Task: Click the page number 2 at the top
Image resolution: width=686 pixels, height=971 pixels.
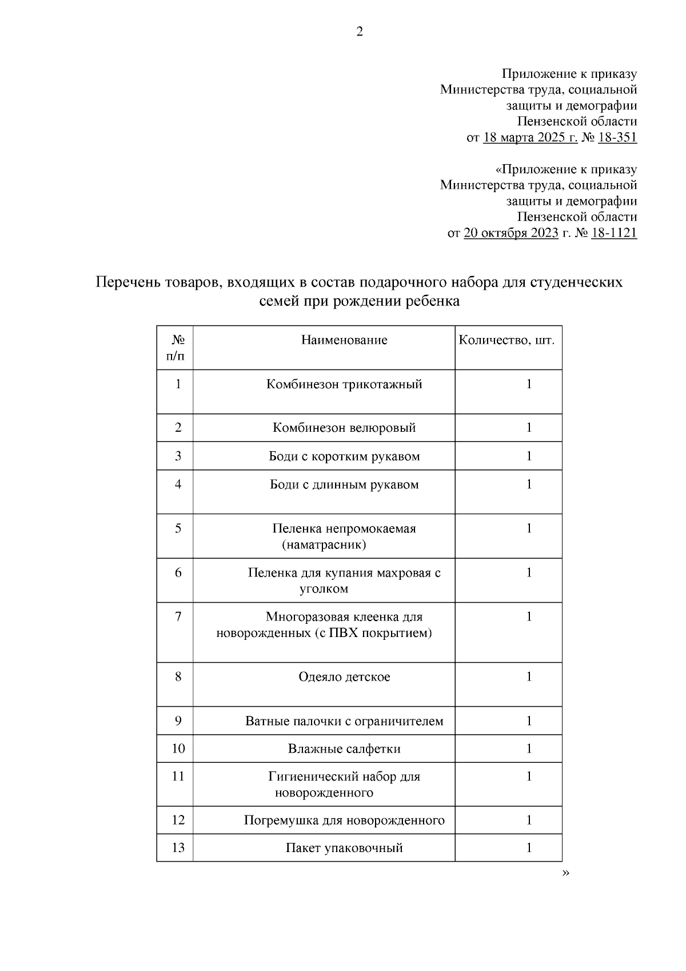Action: [x=360, y=32]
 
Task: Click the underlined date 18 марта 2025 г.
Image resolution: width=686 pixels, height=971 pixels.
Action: [x=530, y=138]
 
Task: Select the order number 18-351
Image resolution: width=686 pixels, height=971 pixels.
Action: [x=617, y=138]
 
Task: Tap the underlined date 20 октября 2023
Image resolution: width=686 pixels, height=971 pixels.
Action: [x=510, y=233]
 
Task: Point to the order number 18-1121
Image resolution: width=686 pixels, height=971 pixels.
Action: [x=613, y=233]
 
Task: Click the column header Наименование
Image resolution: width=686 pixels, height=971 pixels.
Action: [x=344, y=340]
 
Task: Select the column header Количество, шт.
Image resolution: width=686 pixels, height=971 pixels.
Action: [x=506, y=340]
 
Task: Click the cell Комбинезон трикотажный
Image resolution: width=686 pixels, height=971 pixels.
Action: [x=344, y=384]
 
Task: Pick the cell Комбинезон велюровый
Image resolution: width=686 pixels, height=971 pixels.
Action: [x=344, y=428]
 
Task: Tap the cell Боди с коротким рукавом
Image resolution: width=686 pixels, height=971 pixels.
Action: [x=344, y=456]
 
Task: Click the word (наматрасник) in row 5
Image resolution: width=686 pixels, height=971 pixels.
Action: [x=324, y=545]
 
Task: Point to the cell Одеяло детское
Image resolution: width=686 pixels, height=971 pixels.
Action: [x=344, y=677]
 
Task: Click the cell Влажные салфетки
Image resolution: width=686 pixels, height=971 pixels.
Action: [x=344, y=749]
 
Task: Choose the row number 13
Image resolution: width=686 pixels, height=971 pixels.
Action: [x=178, y=848]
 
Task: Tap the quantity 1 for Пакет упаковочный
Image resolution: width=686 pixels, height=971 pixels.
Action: [x=529, y=848]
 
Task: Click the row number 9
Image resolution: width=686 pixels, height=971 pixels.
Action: [x=178, y=721]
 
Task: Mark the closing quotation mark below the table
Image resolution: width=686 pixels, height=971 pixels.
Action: [x=566, y=873]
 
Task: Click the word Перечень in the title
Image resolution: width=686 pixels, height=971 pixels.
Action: [x=127, y=282]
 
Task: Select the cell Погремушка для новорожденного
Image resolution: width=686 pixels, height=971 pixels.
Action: [x=344, y=821]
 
